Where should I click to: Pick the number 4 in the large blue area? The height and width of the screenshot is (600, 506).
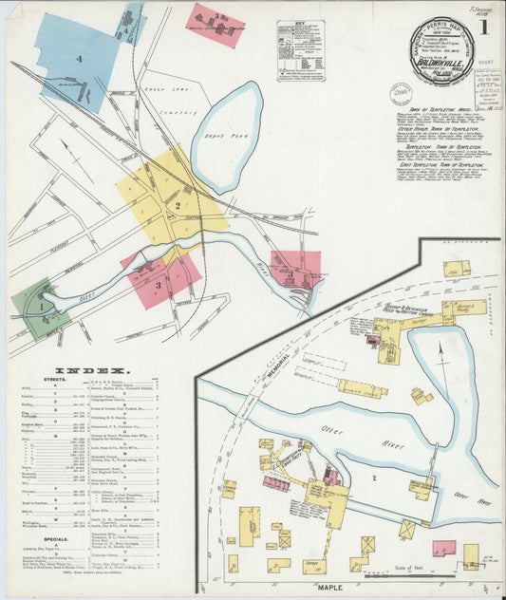click(x=80, y=60)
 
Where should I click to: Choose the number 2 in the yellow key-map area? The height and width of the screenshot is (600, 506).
click(x=177, y=204)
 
